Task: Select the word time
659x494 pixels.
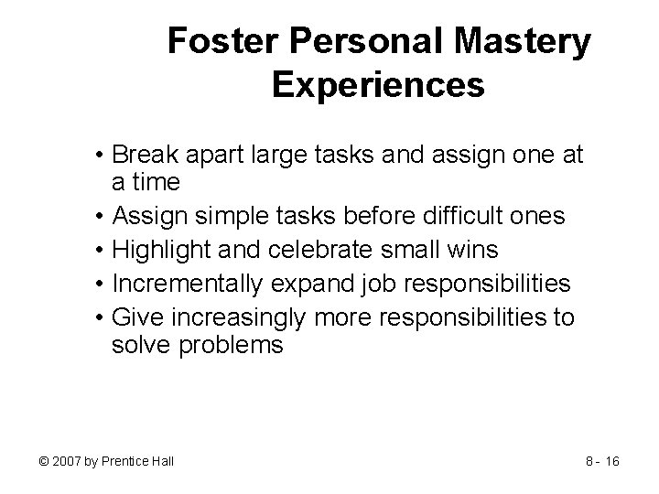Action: point(152,182)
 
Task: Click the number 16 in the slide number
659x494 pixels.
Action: point(611,460)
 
